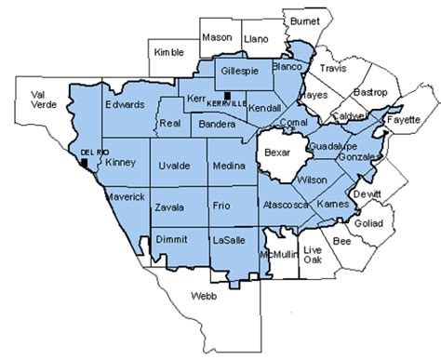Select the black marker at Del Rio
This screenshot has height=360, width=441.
coord(85,162)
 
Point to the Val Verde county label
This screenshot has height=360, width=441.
coord(44,100)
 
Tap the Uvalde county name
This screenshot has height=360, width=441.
coord(177,166)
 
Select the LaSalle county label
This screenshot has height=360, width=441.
coord(229,239)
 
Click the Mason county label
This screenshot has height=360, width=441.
coord(216,38)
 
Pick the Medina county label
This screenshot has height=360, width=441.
coord(227,167)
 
